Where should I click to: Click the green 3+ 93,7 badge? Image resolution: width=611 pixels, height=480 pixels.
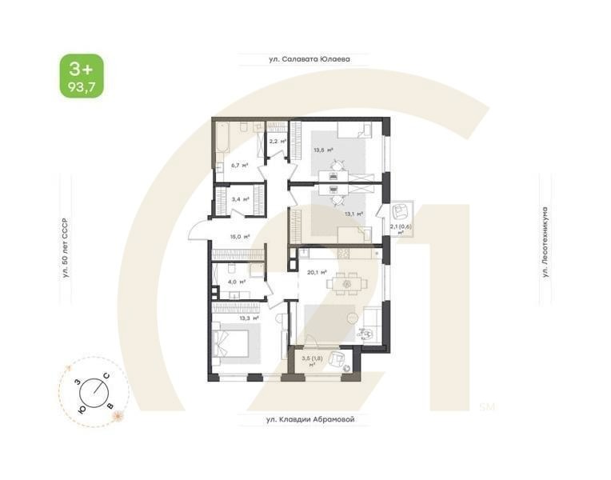pyautogui.click(x=81, y=76)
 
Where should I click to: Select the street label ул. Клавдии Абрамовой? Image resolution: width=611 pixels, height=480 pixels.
pyautogui.click(x=309, y=418)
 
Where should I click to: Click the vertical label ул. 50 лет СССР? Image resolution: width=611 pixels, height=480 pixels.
pyautogui.click(x=66, y=247)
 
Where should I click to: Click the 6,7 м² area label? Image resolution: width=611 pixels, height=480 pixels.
pyautogui.click(x=239, y=165)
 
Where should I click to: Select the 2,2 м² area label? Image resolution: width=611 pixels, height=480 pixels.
pyautogui.click(x=277, y=142)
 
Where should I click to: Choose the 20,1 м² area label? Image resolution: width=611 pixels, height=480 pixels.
pyautogui.click(x=317, y=271)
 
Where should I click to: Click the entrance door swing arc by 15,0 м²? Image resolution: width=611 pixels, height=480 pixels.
pyautogui.click(x=198, y=230)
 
